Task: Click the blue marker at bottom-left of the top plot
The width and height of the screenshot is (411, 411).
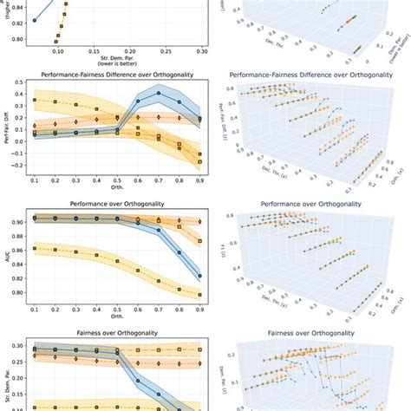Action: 35,19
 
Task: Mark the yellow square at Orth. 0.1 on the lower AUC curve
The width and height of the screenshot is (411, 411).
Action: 35,249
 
